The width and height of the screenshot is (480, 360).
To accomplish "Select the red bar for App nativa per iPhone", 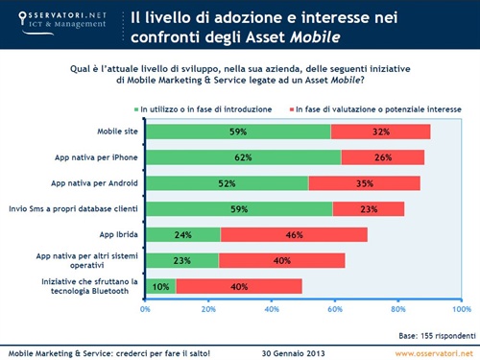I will point(383,156).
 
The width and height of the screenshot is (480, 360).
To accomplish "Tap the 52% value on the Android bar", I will point(227,182).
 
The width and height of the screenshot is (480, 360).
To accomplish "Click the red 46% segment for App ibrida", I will point(294,233).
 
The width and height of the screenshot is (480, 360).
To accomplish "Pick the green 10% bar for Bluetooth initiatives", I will point(160,285).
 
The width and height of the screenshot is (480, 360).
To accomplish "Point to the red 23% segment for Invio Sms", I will point(368,208).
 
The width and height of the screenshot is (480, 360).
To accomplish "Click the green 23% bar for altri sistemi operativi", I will point(182,259).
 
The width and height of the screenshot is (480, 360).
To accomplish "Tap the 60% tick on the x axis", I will point(334,310).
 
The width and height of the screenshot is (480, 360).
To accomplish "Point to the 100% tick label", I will point(461,310).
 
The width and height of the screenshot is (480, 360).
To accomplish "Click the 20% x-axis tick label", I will point(208,310).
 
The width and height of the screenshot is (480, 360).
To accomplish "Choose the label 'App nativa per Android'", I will point(97,182).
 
